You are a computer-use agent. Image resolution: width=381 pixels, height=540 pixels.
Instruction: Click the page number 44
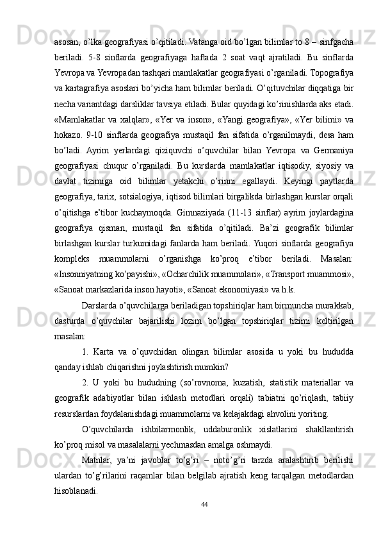click(x=204, y=503)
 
